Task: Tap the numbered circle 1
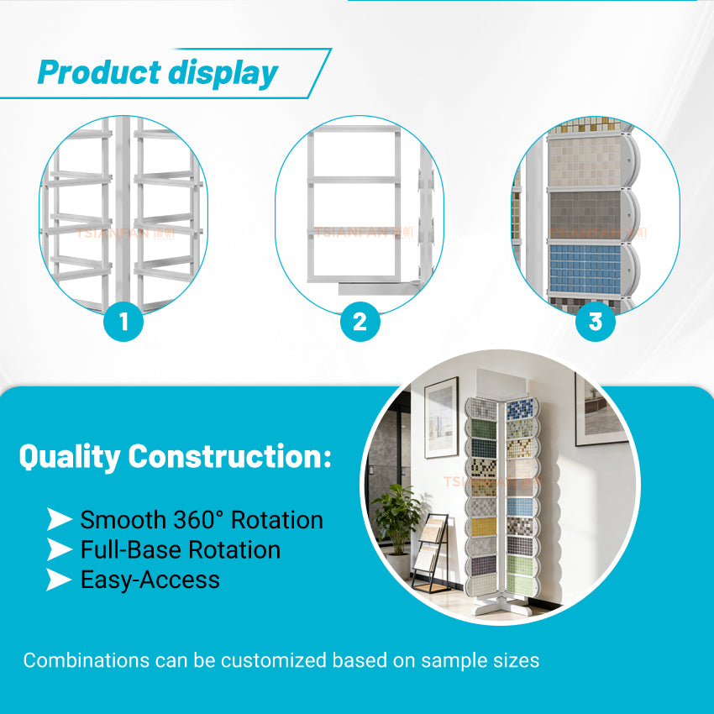coord(124,322)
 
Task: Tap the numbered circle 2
coord(360,322)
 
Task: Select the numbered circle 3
coord(596,322)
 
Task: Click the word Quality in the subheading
coord(70,457)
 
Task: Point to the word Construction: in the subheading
coord(229,457)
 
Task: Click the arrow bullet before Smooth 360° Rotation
coord(59,520)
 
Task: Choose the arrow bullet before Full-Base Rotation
coord(59,550)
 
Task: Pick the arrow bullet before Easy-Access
coord(59,580)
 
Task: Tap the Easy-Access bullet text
coord(150,580)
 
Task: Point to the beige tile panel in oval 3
coord(585,162)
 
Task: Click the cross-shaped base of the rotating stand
coord(501,606)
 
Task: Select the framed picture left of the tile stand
coord(441,417)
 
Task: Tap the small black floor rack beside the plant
coord(433,554)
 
